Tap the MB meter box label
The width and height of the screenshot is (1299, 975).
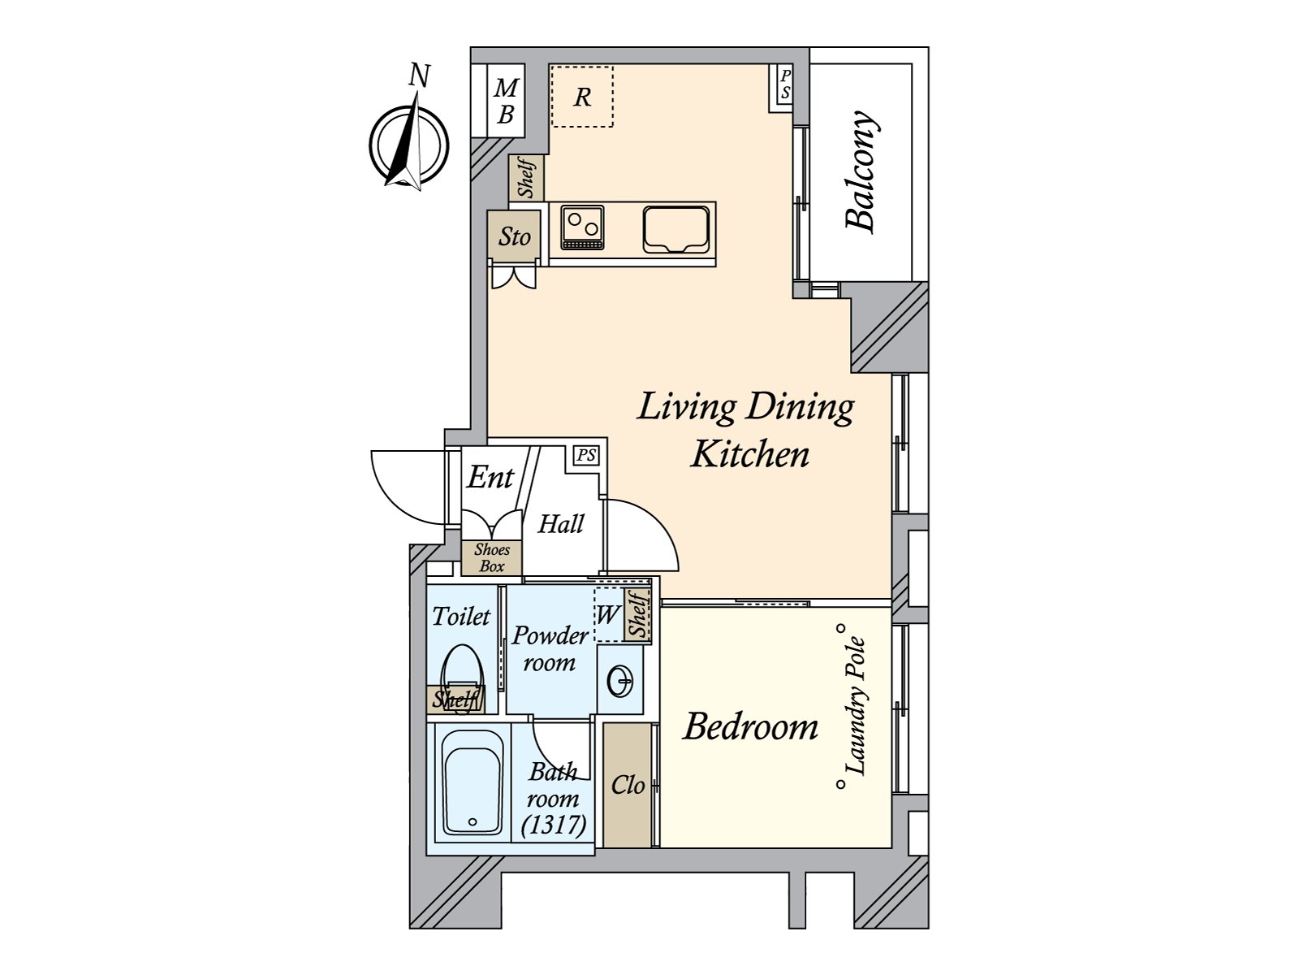coord(506,102)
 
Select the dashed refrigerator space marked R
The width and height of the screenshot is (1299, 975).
coord(582,97)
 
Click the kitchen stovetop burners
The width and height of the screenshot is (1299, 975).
coord(582,227)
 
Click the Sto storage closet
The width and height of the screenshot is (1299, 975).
coord(513,236)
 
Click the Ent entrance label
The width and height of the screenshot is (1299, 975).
coord(490,477)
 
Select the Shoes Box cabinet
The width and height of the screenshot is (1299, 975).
coord(491,557)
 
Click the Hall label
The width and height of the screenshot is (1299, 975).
coord(560,524)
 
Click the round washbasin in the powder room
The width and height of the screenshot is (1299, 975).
coord(619,681)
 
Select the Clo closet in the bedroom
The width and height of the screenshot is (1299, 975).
coord(628,785)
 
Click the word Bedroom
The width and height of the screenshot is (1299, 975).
coord(750,727)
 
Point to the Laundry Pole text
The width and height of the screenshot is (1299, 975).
coord(856,706)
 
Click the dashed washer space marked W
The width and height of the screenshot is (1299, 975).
coord(608,616)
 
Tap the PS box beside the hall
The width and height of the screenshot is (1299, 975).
coord(586,456)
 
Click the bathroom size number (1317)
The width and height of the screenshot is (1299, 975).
coord(554,824)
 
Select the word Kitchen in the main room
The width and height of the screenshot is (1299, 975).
coord(750,455)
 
